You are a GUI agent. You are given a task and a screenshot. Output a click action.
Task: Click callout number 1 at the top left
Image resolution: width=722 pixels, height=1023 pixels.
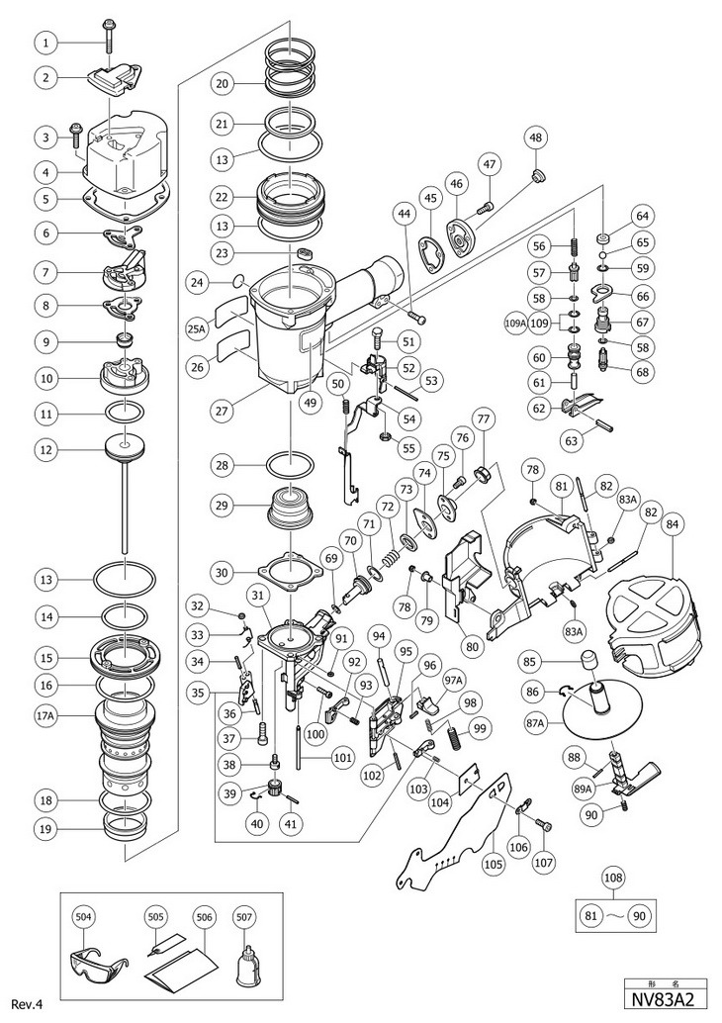(x=45, y=42)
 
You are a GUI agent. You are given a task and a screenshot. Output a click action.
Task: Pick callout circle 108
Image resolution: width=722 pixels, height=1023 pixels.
(x=615, y=878)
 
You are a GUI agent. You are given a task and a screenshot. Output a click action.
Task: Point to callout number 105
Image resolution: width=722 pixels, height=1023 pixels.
(x=493, y=863)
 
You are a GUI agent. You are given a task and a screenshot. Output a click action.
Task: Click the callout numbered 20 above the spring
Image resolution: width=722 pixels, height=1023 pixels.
(x=223, y=84)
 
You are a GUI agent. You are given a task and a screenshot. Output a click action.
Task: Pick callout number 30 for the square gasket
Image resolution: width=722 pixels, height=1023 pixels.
(x=223, y=572)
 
